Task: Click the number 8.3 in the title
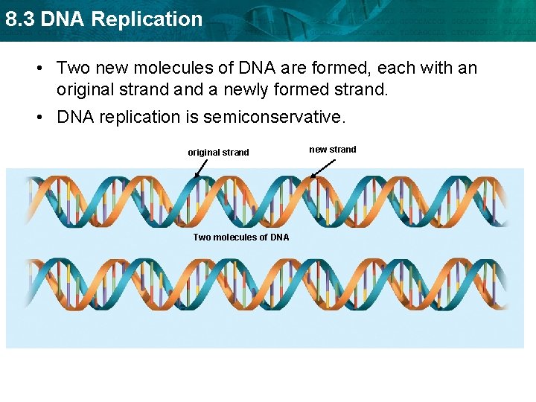20,19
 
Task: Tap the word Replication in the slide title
147,19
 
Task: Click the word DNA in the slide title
63,19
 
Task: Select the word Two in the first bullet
72,68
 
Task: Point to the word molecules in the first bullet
170,68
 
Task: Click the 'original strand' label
218,153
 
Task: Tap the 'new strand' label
333,150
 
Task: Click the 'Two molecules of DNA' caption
241,237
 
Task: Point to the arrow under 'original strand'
202,169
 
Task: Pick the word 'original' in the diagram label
203,153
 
